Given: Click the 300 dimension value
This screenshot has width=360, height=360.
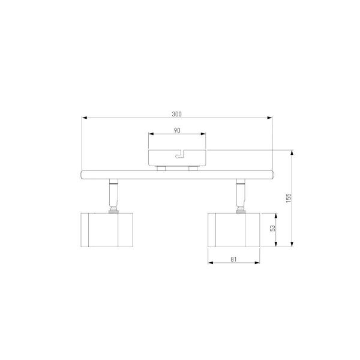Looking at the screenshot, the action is pyautogui.click(x=176, y=114).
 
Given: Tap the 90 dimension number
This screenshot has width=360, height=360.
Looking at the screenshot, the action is pyautogui.click(x=177, y=130).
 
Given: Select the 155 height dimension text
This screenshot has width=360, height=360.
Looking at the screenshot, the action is pyautogui.click(x=289, y=198).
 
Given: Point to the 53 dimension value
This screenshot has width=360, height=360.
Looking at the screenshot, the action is pyautogui.click(x=272, y=228).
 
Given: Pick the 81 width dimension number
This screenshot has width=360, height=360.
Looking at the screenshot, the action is pyautogui.click(x=233, y=259).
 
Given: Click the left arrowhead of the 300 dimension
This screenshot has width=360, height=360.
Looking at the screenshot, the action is pyautogui.click(x=85, y=118).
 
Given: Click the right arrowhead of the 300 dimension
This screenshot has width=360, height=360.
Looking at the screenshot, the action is pyautogui.click(x=269, y=118).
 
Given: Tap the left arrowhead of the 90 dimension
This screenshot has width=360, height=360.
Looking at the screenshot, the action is pyautogui.click(x=151, y=134).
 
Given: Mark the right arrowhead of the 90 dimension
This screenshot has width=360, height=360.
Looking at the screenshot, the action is pyautogui.click(x=203, y=134).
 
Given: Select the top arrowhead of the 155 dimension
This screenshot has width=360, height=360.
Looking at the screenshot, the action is pyautogui.click(x=292, y=152).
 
